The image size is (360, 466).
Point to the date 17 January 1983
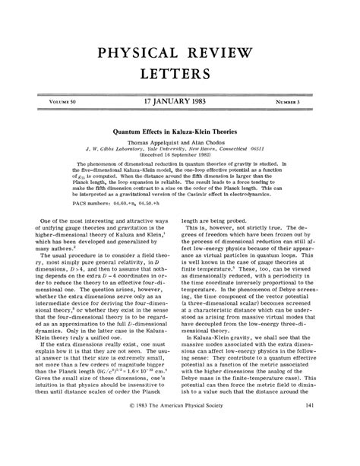point(180,100)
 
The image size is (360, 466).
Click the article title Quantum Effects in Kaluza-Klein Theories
point(180,130)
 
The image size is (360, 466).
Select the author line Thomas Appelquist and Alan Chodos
point(180,142)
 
